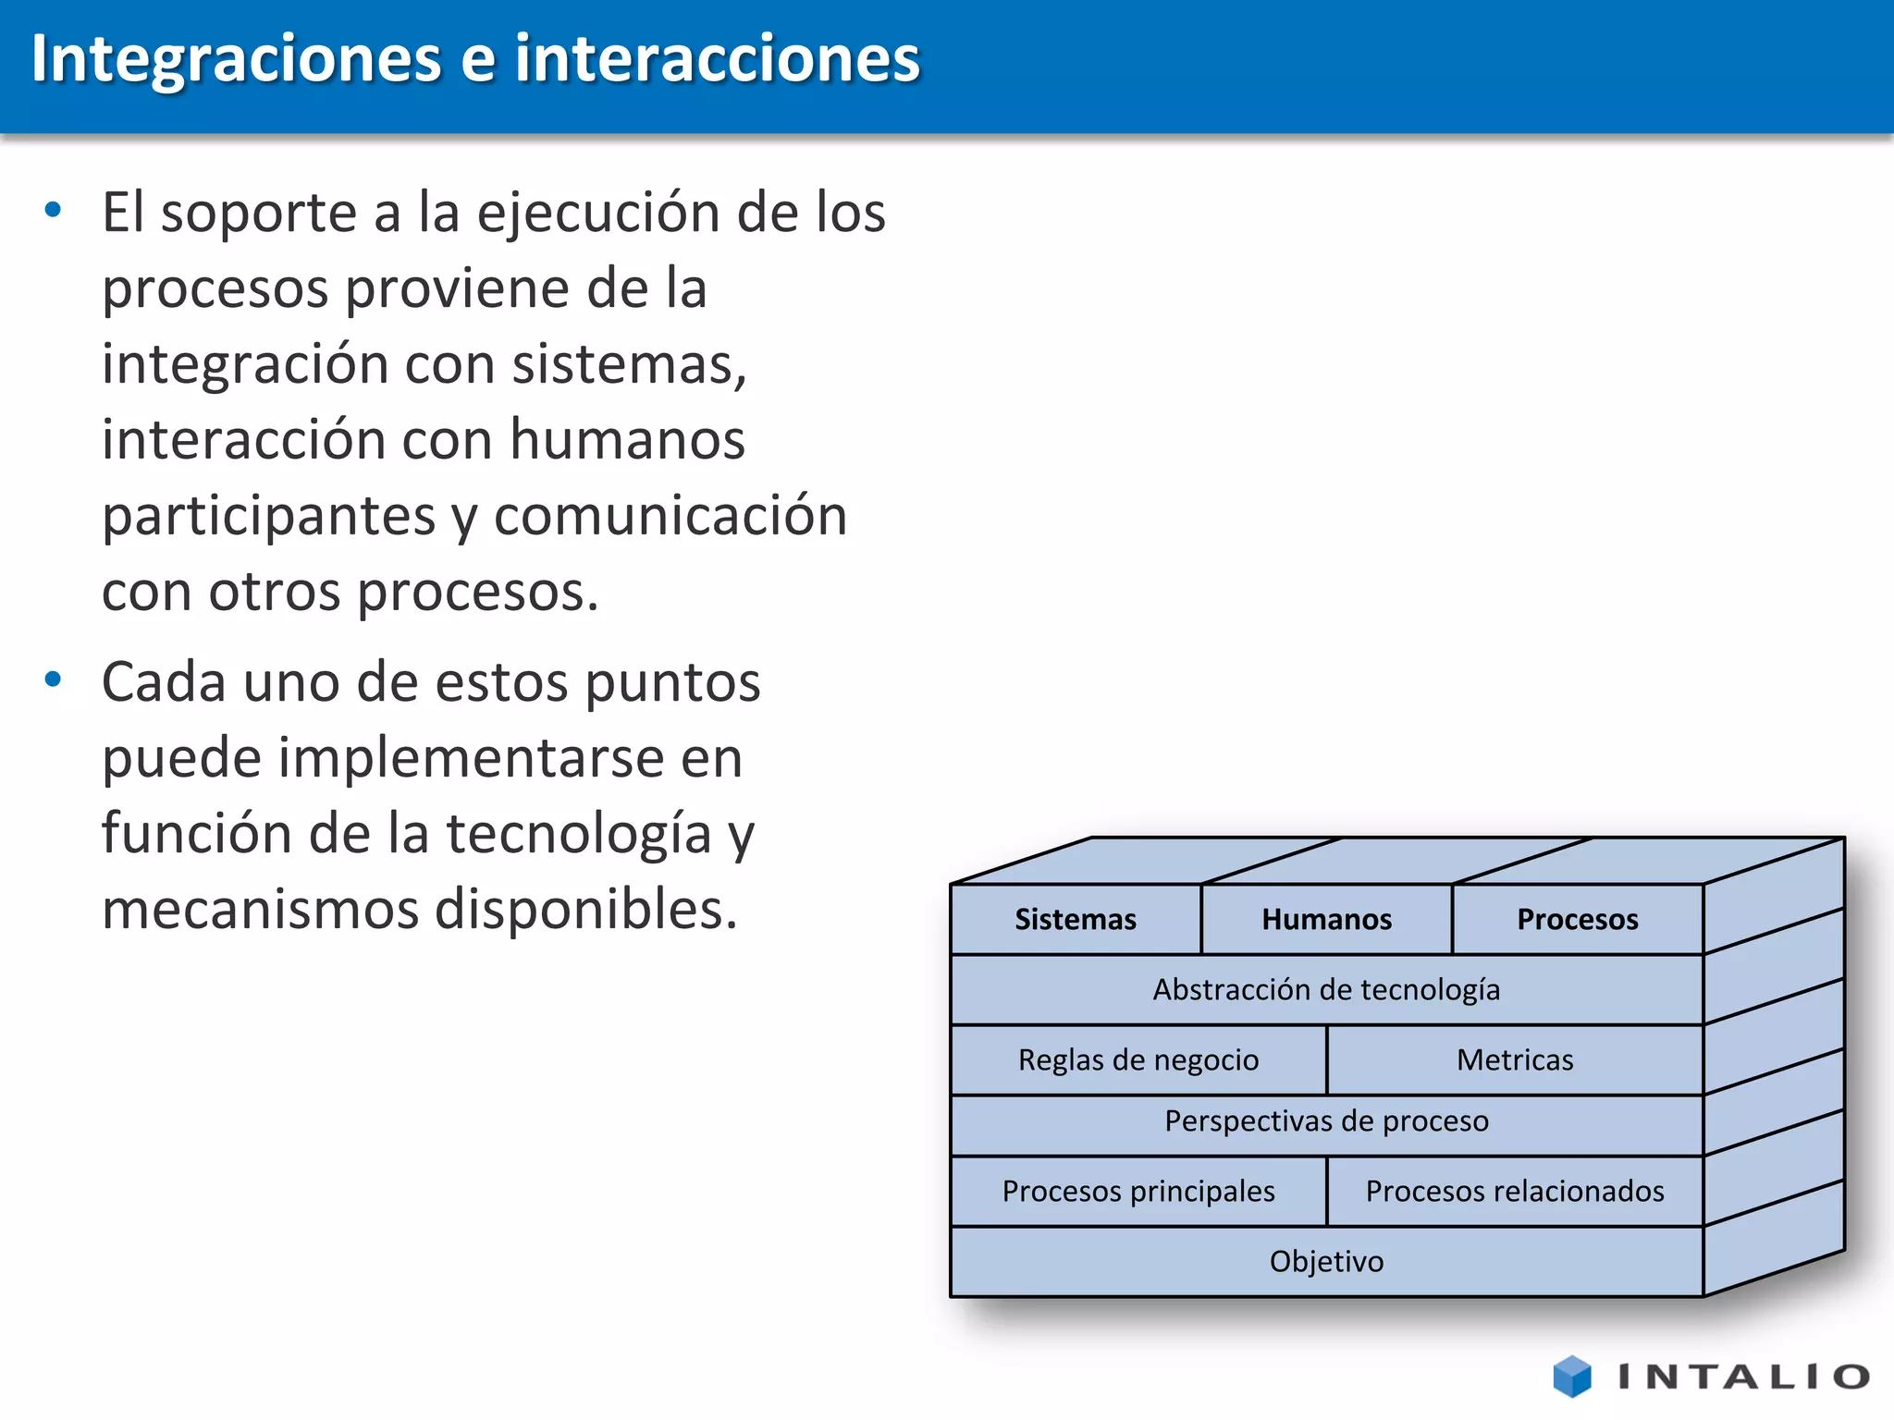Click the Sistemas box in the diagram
click(1076, 919)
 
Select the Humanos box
click(1326, 919)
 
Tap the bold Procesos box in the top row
click(1577, 919)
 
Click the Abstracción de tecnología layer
click(1326, 989)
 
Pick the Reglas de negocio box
click(1138, 1059)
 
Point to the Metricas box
click(1515, 1059)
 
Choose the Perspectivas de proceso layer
click(1326, 1121)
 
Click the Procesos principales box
click(1138, 1191)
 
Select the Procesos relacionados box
click(1515, 1191)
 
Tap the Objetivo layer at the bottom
click(1326, 1261)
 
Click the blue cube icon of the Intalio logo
click(1572, 1376)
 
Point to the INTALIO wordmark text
click(1744, 1377)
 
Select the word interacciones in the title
click(718, 59)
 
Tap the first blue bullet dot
click(54, 210)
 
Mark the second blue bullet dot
click(54, 679)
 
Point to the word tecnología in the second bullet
click(579, 834)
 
